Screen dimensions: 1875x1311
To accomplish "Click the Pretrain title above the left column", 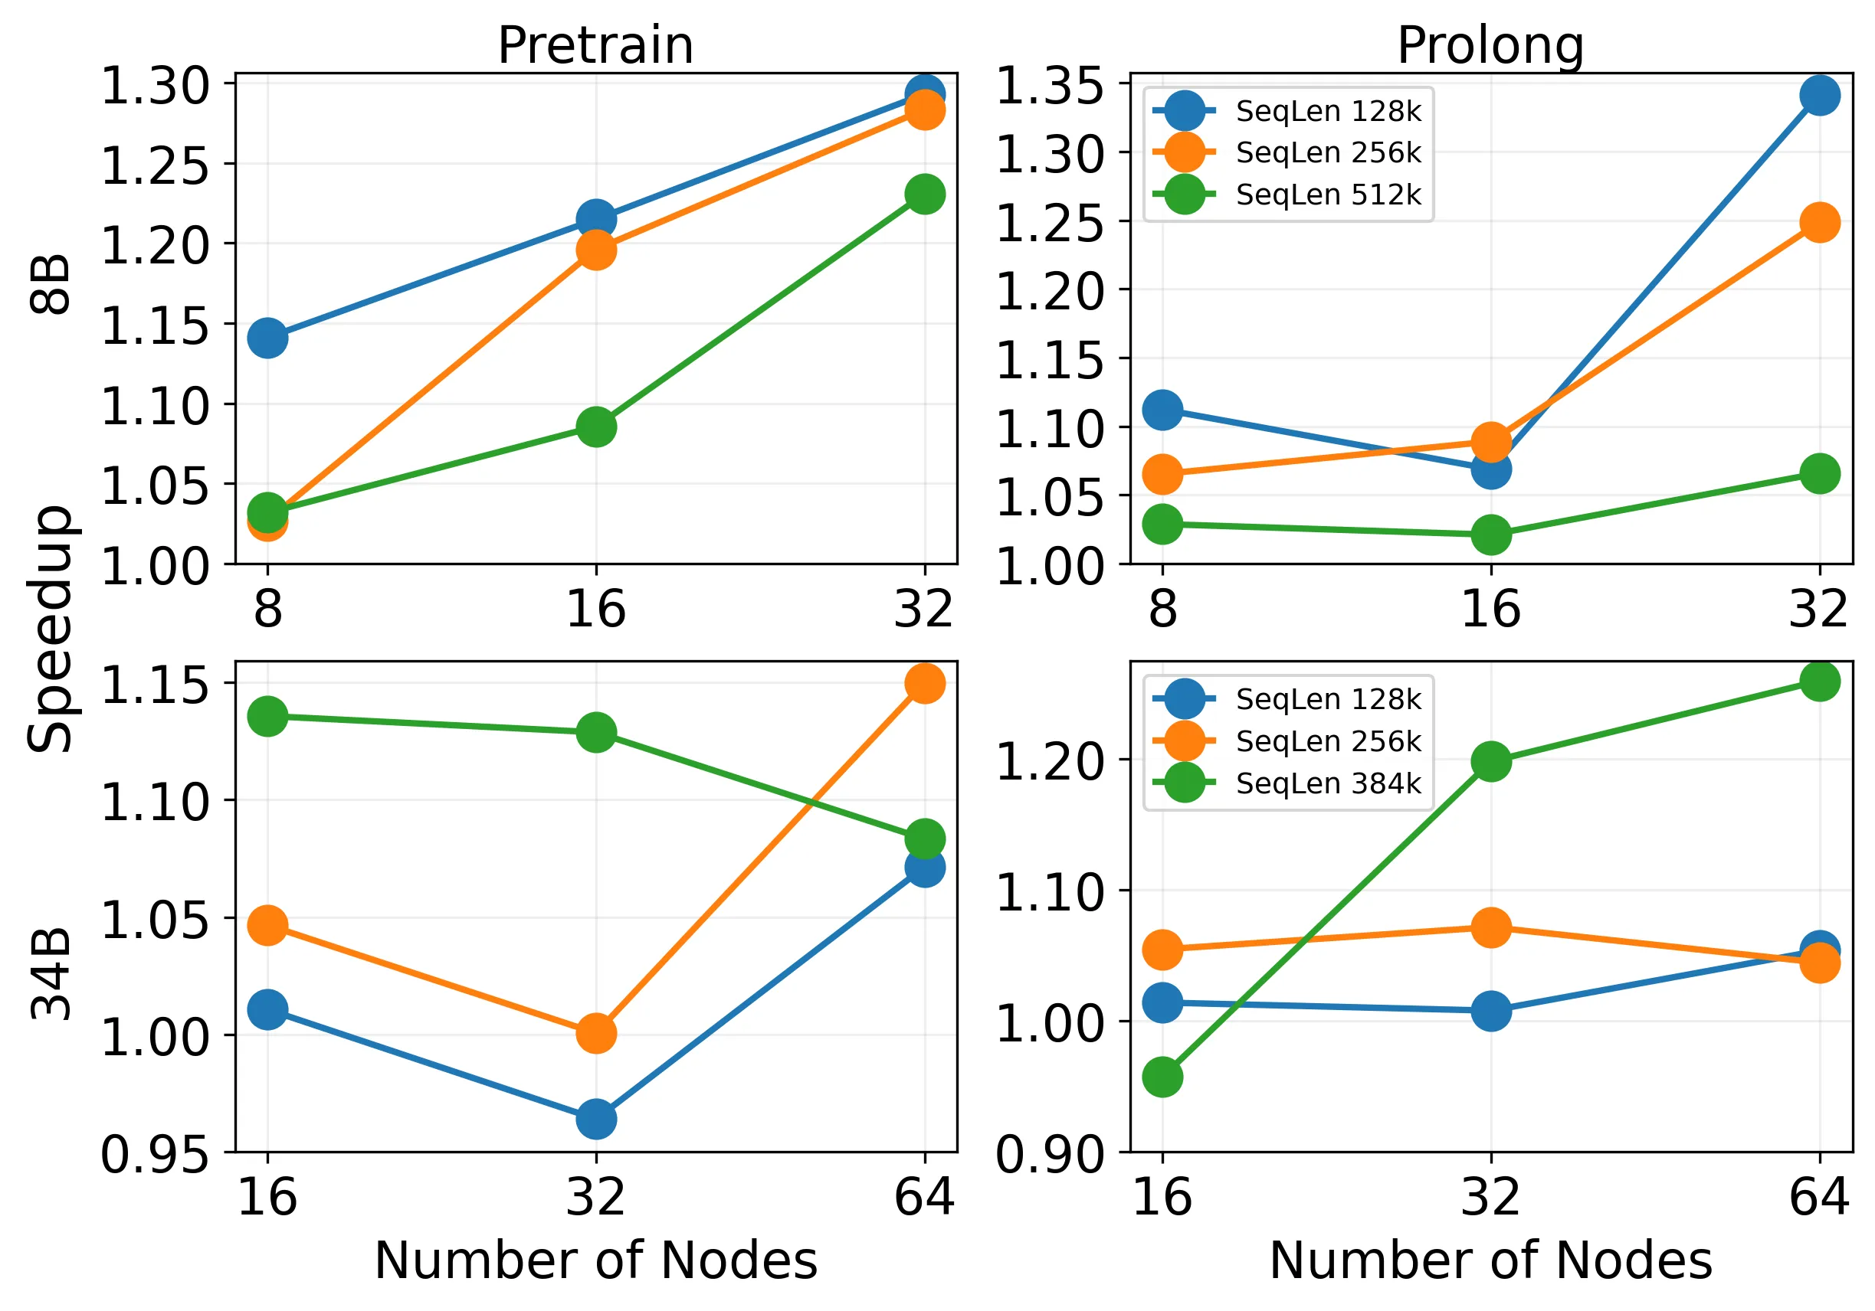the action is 595,46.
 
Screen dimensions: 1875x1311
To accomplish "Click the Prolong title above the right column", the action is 1490,47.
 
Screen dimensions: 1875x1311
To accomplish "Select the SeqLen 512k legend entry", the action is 1288,195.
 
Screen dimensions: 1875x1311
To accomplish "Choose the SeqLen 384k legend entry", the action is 1288,783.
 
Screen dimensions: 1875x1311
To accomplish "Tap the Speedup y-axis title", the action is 51,629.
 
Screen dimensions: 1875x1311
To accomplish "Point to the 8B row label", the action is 51,284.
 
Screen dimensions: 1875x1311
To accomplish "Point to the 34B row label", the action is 51,974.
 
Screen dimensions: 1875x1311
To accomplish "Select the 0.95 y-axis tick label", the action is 154,1154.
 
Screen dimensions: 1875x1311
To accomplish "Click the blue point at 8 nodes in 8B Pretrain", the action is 267,337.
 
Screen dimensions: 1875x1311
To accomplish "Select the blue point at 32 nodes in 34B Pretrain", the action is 596,1119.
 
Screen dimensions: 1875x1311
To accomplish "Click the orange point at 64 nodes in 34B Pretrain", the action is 924,683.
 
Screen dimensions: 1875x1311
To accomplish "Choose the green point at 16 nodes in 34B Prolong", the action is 1162,1077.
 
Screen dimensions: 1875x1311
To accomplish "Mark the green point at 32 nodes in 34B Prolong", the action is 1490,763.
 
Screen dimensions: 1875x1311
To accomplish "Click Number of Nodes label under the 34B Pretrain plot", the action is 595,1260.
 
